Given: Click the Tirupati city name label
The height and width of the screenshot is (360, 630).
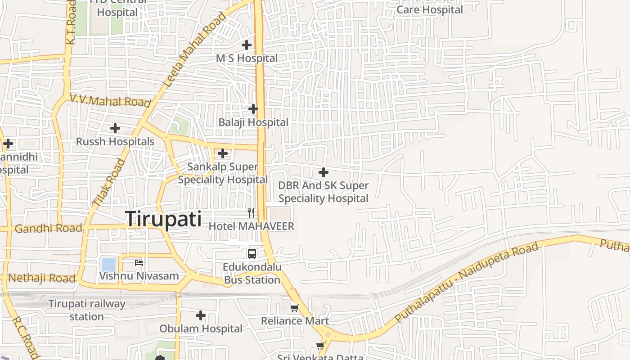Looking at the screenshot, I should click(x=163, y=219).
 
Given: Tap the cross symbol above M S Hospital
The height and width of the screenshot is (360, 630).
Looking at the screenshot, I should click(x=247, y=45).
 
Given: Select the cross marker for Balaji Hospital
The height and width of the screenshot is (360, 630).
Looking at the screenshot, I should click(x=253, y=109).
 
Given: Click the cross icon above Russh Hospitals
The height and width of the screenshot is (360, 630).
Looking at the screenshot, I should click(x=115, y=128).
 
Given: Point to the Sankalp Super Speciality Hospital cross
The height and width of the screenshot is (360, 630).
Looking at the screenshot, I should click(x=222, y=153).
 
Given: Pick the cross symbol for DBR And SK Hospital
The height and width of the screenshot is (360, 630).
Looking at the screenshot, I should click(x=323, y=172).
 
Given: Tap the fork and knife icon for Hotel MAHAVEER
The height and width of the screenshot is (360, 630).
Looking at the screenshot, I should click(x=251, y=212).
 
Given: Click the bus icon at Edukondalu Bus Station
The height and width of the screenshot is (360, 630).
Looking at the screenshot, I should click(x=252, y=254).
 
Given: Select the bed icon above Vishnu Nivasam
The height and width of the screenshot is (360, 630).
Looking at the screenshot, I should click(x=139, y=262).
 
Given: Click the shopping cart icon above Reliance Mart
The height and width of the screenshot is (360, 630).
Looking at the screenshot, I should click(x=294, y=308).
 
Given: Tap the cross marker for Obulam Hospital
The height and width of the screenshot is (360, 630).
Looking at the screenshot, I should click(x=201, y=315).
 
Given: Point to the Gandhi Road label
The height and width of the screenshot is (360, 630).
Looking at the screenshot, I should click(x=49, y=229).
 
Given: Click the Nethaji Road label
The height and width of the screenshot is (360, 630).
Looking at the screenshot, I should click(x=41, y=278).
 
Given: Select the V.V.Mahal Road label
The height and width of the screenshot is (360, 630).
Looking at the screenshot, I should click(x=110, y=101).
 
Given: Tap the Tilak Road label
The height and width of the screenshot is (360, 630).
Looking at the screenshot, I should click(x=109, y=183).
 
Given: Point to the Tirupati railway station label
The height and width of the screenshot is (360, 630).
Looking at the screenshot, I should click(x=87, y=310).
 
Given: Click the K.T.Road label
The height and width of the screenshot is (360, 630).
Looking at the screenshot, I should click(x=71, y=22).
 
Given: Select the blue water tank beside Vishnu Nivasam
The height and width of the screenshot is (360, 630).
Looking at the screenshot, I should click(x=108, y=264).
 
